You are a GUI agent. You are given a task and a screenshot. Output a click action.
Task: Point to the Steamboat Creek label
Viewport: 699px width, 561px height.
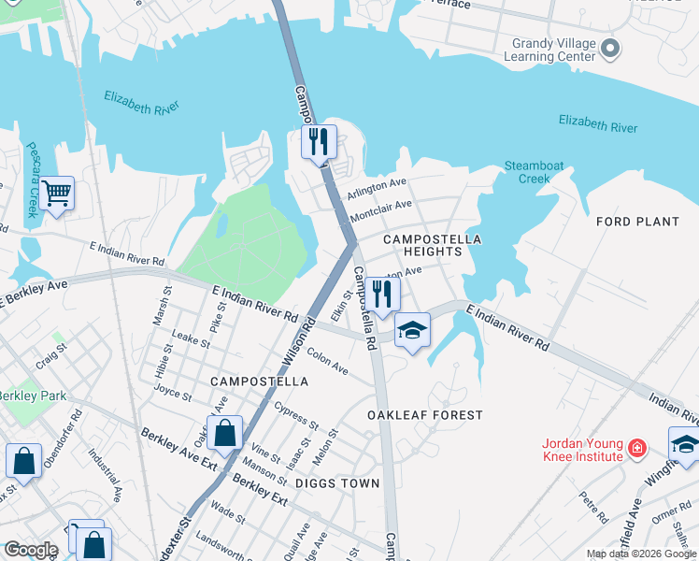534,172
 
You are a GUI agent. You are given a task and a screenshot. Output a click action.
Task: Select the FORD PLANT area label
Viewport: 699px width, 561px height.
637,222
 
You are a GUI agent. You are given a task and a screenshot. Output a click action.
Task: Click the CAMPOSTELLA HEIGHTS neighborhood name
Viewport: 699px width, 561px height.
432,245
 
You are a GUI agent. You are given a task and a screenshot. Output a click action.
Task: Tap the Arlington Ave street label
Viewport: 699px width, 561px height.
377,188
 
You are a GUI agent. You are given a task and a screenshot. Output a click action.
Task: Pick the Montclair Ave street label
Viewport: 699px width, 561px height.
380,210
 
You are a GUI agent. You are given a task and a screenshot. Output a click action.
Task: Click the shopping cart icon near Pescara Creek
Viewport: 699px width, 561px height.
57,194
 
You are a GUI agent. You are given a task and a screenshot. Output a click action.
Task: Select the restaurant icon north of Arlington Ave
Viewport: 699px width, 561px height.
320,142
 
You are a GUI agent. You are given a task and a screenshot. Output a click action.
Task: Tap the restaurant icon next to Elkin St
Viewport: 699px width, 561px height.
383,294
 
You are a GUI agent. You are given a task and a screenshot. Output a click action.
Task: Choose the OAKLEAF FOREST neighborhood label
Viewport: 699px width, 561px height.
425,414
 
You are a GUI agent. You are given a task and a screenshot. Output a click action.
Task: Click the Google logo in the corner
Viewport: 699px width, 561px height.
31,550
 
